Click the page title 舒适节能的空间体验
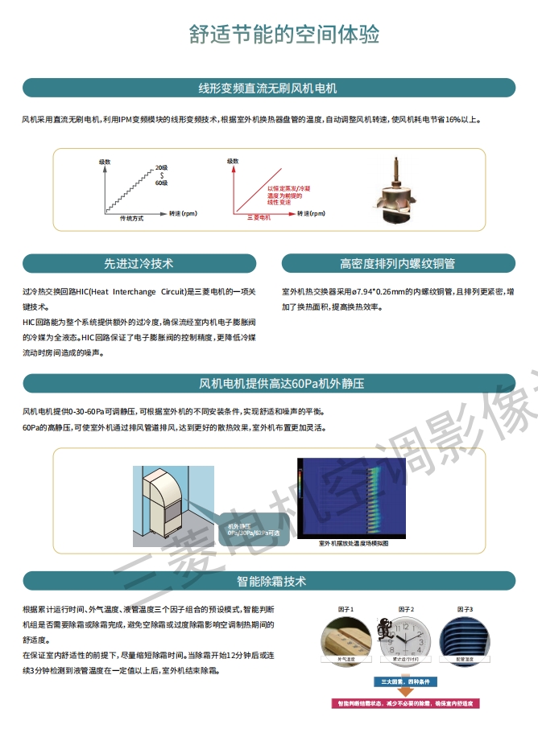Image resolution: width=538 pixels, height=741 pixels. (284, 34)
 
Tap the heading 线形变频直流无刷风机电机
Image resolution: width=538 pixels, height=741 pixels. (268, 88)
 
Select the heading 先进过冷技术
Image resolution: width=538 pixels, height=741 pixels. (139, 263)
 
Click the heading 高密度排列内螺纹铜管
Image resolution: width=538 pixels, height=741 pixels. (397, 263)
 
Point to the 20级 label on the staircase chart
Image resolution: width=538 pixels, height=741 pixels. (161, 167)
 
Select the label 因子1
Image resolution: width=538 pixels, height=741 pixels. (346, 609)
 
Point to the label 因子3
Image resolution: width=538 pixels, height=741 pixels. (465, 609)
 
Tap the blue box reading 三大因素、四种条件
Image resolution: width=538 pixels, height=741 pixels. (407, 682)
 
